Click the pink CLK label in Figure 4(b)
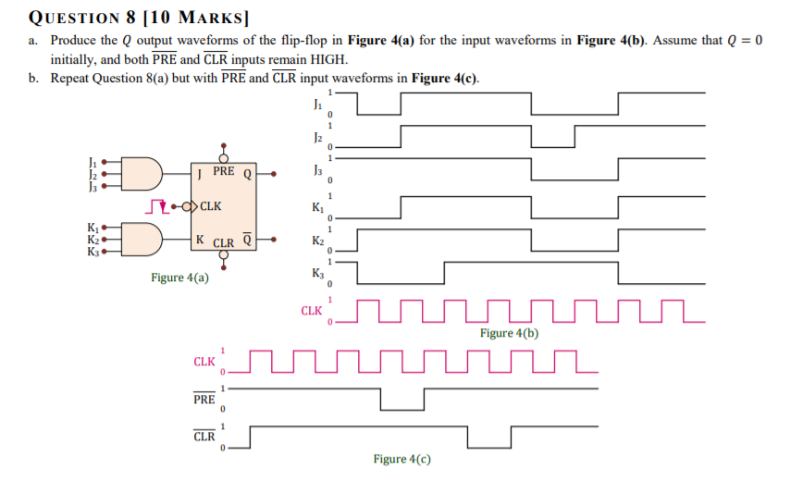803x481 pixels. point(312,311)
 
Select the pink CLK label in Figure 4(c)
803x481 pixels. point(204,361)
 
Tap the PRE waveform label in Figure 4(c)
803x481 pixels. point(204,400)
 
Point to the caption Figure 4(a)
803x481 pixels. point(179,277)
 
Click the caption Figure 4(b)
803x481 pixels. point(509,333)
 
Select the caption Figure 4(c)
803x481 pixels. point(402,459)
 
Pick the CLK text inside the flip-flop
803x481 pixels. point(210,206)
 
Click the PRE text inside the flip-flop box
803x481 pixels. point(223,172)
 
